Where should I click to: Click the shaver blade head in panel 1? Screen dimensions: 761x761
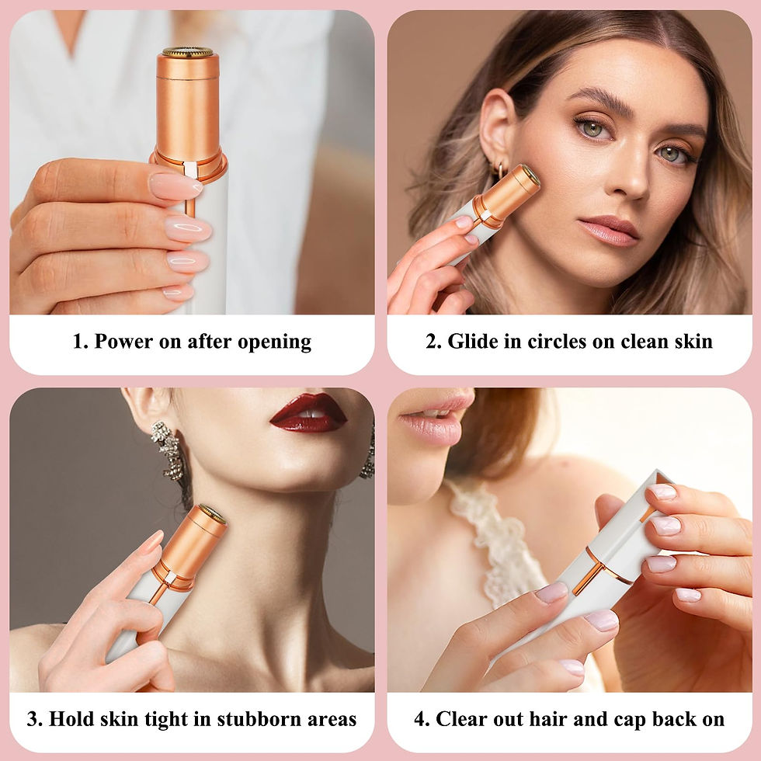[x=188, y=52]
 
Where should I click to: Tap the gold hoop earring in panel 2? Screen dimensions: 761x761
[x=499, y=169]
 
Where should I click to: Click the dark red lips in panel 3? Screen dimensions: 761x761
[x=309, y=413]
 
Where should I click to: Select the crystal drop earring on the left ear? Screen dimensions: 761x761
[x=169, y=450]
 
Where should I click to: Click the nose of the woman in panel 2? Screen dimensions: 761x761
[x=631, y=179]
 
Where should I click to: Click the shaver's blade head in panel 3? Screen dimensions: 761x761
[x=212, y=513]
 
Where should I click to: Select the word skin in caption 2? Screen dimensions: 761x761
[x=694, y=342]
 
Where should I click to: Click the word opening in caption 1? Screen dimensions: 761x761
[x=275, y=342]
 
